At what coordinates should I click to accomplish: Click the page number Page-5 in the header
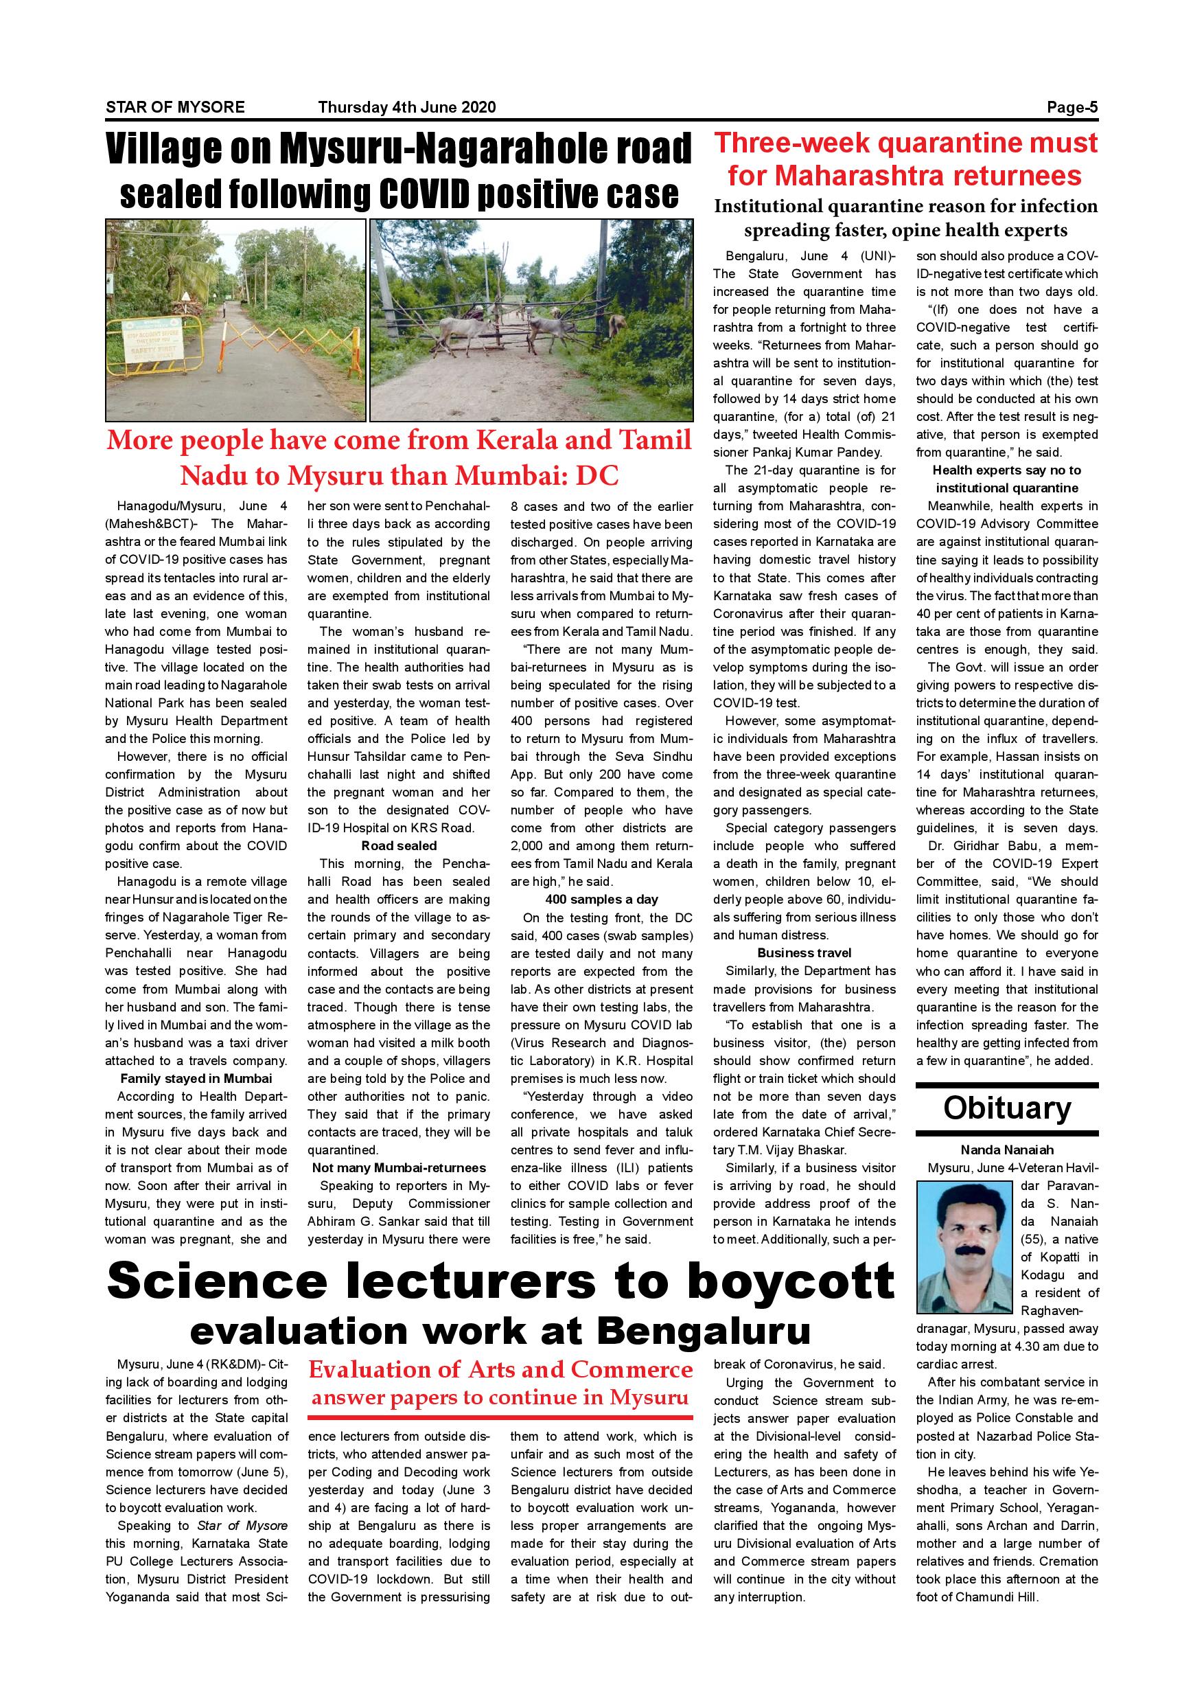coord(1072,107)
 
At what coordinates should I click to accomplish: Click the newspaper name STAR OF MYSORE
coord(175,107)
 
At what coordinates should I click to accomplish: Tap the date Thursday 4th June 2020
coord(406,107)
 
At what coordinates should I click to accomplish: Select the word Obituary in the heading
coord(1007,1108)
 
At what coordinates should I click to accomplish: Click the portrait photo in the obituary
coord(964,1248)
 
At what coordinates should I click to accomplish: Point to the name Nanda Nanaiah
coord(1007,1150)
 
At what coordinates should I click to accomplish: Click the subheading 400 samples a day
coord(601,900)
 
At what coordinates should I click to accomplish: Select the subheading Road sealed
coord(399,845)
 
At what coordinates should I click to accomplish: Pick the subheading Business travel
coord(804,953)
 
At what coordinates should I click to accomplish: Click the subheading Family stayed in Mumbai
coord(196,1079)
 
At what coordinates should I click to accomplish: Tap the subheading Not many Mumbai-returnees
coord(399,1168)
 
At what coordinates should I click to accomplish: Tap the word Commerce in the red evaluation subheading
coord(632,1369)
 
